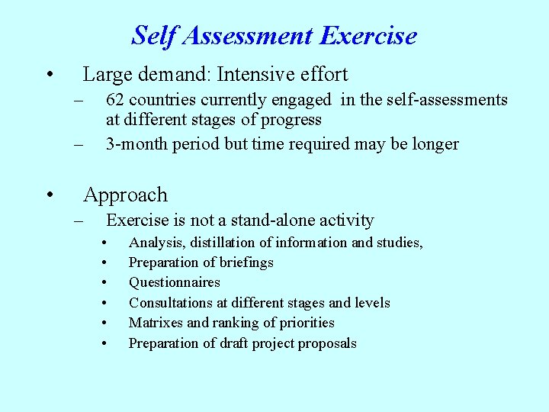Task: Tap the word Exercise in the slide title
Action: coord(368,36)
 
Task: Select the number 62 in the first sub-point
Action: coord(117,100)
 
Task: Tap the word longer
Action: coord(433,144)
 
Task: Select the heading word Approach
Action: coord(125,195)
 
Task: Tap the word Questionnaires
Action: coord(174,282)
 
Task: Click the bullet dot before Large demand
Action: coord(48,76)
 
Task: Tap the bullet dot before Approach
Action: coord(48,196)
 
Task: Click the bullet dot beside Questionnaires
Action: coord(104,283)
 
